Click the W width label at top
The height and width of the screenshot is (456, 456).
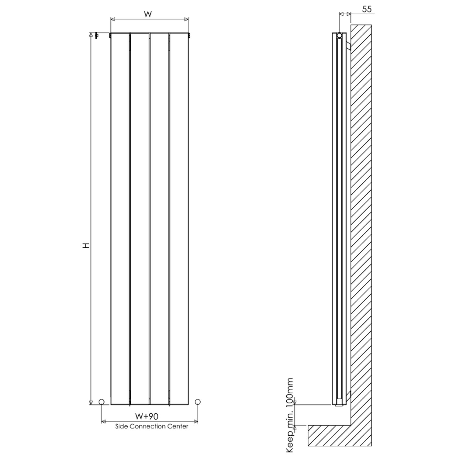[148, 14]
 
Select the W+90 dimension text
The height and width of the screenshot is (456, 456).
[147, 416]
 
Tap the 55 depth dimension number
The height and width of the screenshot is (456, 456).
[367, 9]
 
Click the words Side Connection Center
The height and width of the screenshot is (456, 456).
[152, 426]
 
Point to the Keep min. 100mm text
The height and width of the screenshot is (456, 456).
[290, 415]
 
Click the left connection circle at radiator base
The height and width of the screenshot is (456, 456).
[102, 402]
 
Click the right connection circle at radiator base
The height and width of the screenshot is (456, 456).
[198, 402]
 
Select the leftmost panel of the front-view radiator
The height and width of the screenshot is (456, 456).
[120, 219]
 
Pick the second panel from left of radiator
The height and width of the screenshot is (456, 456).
[140, 219]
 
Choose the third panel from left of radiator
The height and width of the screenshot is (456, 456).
[159, 219]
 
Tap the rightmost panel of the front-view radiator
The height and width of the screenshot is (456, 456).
[179, 219]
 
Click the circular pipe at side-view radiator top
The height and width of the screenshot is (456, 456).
[339, 36]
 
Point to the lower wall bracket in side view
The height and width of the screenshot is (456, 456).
[348, 395]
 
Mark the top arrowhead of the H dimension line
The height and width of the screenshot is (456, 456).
[91, 35]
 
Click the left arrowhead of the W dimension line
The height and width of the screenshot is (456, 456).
[112, 19]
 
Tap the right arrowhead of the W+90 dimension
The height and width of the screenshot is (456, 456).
[196, 421]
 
